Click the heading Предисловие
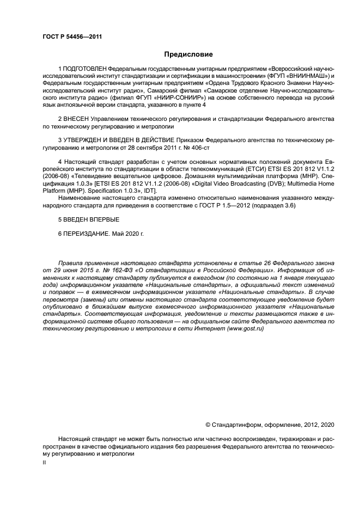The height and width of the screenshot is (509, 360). point(188,54)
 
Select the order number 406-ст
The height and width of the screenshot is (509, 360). point(198,147)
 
